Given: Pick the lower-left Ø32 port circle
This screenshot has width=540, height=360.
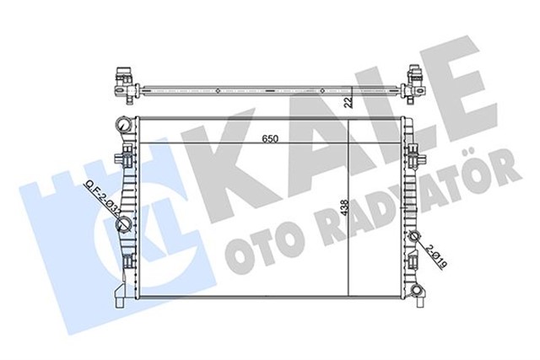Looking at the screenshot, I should click(124, 223).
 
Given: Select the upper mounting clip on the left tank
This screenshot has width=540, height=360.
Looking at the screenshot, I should click(126, 157).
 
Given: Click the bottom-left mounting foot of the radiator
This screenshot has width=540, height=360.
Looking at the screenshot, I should click(119, 297).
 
